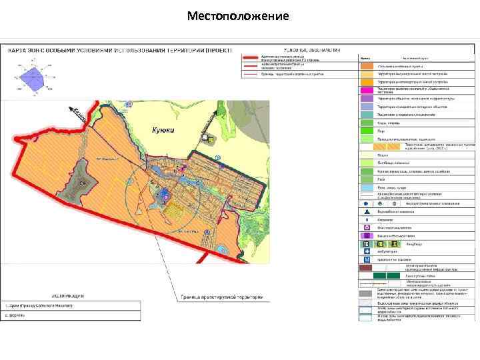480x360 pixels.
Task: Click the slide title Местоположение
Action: point(238,15)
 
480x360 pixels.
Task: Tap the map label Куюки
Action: point(164,131)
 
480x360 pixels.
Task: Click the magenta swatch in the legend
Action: point(367,90)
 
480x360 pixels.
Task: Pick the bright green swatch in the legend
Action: point(367,131)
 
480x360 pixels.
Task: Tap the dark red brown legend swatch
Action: point(367,267)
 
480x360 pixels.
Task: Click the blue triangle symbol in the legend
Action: point(367,211)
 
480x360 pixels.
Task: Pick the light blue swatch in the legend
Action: point(367,188)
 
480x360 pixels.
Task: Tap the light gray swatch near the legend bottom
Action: point(367,301)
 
